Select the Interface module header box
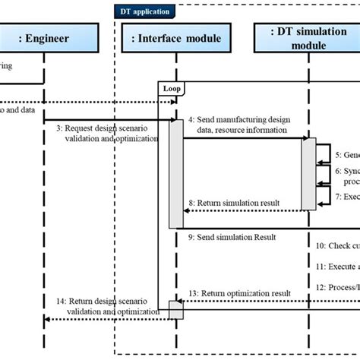[176, 39]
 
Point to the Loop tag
[171, 89]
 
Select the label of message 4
[238, 125]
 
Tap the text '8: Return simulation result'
[234, 203]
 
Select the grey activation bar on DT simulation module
[308, 173]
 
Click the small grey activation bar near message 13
[175, 309]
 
